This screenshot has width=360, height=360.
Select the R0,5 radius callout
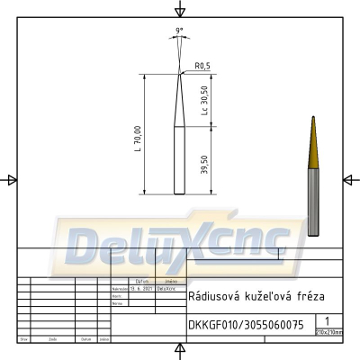[x=202, y=66]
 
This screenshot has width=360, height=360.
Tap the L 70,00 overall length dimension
[x=138, y=136]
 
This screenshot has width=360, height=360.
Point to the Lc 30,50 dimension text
[x=206, y=100]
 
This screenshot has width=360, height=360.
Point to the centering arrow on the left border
[x=11, y=180]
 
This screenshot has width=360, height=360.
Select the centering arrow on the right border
[x=349, y=180]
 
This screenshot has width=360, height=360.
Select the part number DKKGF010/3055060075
[x=246, y=323]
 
